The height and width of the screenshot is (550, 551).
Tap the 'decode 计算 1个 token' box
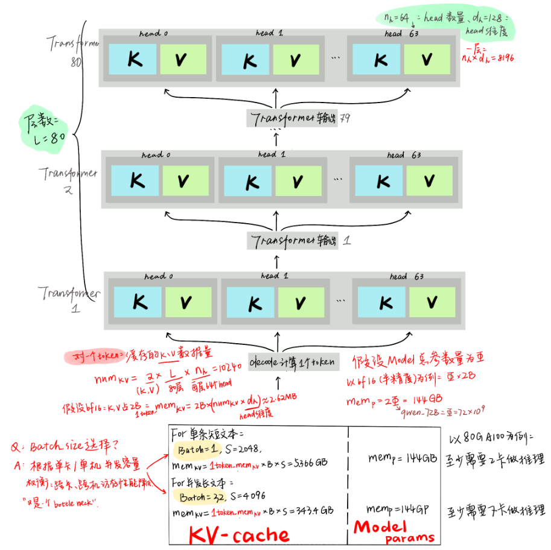point(294,362)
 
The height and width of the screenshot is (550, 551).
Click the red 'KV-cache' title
point(239,534)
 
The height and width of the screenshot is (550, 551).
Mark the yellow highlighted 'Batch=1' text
point(192,449)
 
